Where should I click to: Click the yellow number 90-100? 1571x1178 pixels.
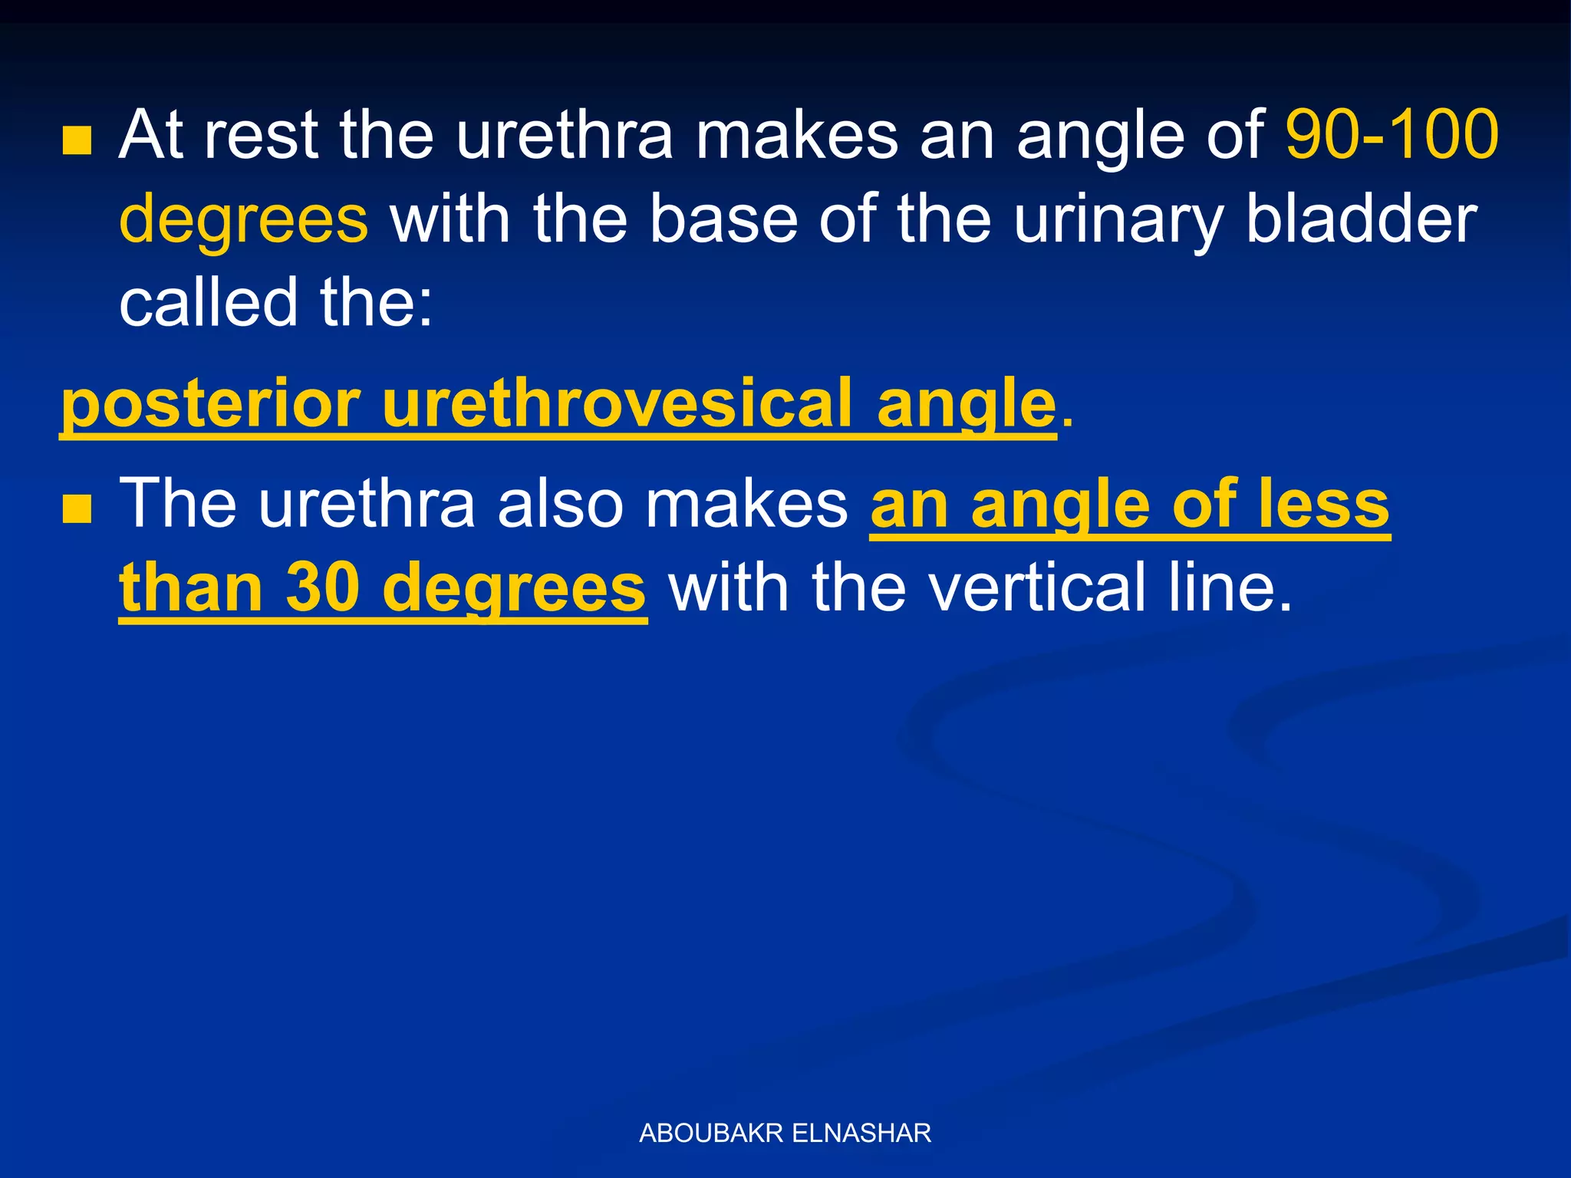coord(1392,135)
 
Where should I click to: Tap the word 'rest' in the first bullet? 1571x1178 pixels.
coord(261,135)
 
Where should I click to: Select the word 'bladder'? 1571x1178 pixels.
coord(1361,219)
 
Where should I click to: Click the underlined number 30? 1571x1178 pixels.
coord(323,587)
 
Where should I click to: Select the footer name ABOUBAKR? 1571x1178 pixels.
coord(710,1133)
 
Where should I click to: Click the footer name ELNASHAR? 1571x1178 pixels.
coord(861,1133)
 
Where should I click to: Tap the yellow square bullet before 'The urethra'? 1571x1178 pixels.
coord(77,508)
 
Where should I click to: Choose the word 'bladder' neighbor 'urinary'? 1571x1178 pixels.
coord(1361,219)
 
